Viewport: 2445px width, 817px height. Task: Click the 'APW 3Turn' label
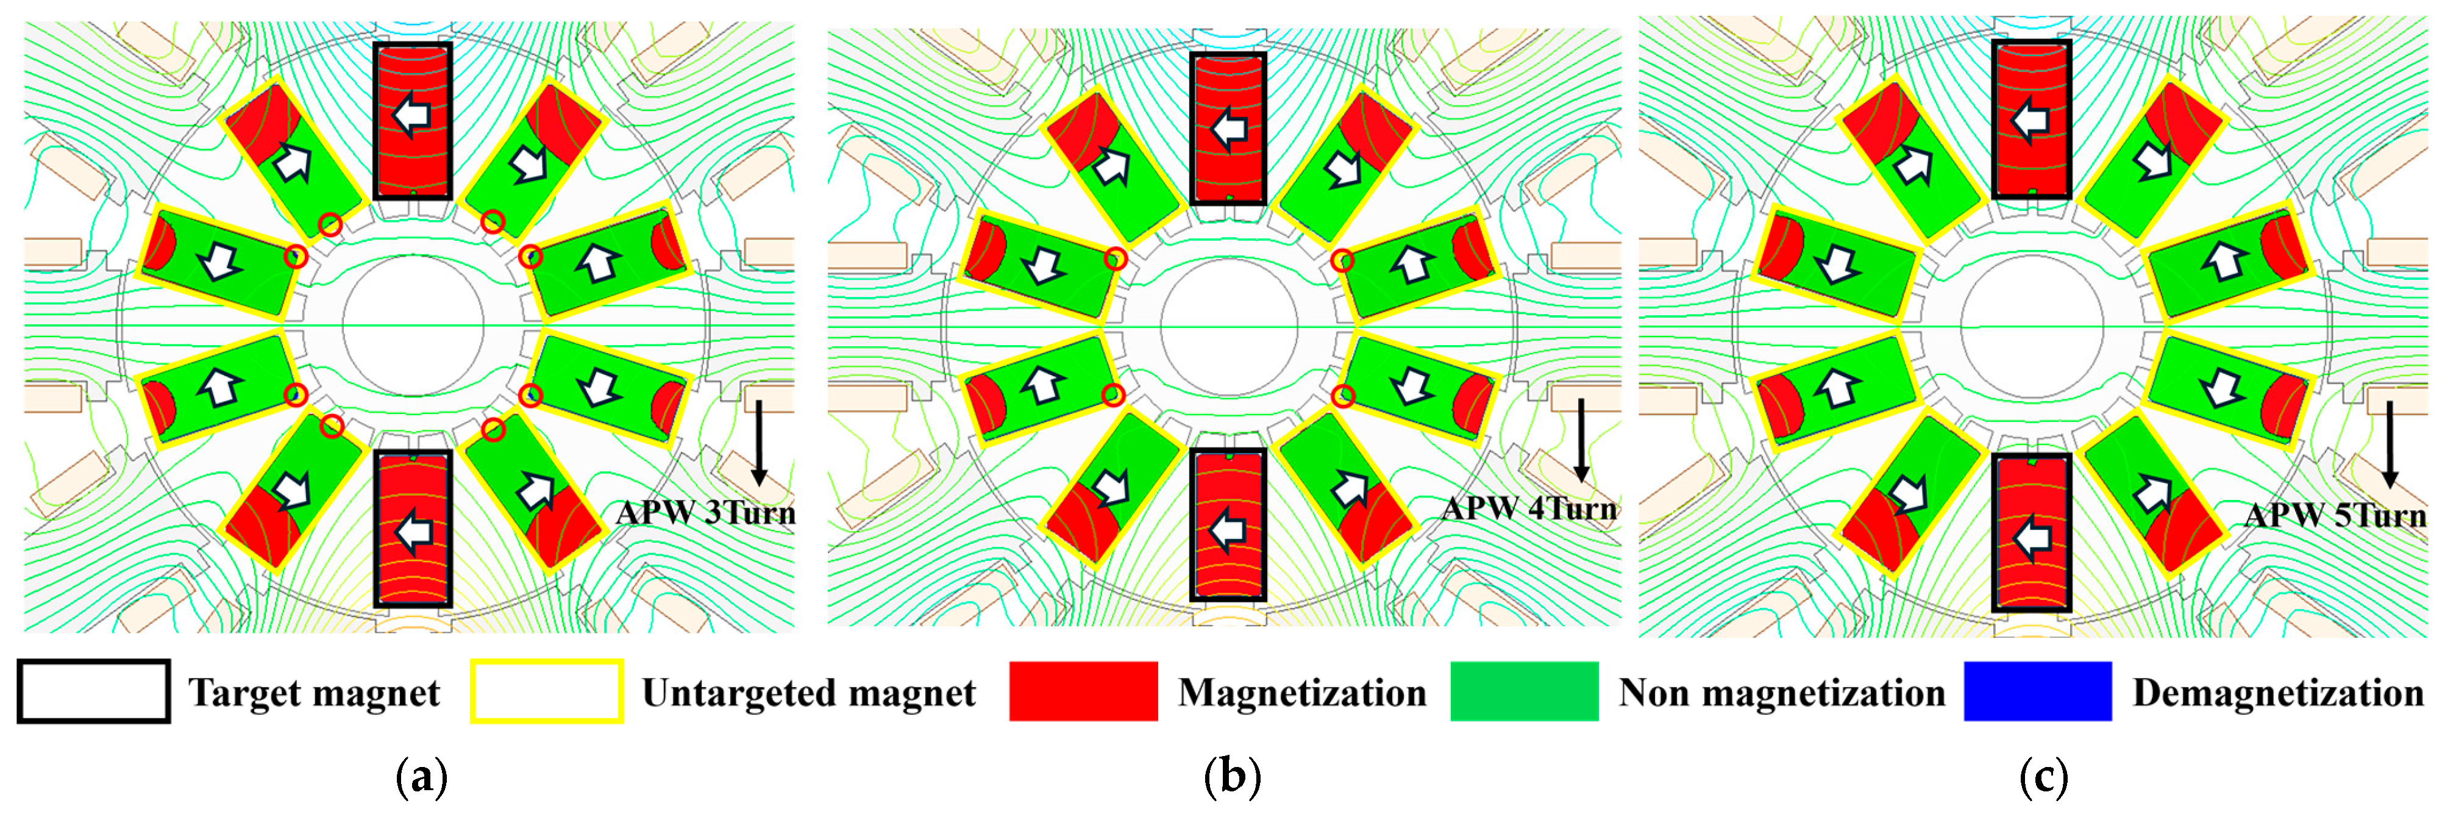(x=705, y=513)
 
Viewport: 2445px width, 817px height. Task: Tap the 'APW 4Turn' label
(x=1529, y=510)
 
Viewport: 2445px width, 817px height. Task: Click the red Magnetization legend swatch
(x=1083, y=692)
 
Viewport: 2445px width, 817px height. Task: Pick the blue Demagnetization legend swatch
(x=2037, y=692)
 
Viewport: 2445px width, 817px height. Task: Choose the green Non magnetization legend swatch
(x=1523, y=692)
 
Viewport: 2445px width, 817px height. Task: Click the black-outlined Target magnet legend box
(x=93, y=692)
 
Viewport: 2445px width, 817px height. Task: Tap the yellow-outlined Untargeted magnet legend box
(x=547, y=692)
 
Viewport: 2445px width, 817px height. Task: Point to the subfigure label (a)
(x=421, y=778)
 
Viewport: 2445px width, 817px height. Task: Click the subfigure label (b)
(x=1232, y=778)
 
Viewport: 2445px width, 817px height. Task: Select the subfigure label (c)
(x=2043, y=778)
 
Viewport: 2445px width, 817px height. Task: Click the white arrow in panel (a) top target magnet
(x=412, y=116)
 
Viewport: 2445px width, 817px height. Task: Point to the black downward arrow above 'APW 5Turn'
(x=2389, y=444)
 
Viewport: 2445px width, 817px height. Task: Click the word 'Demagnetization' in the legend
(x=2278, y=694)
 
